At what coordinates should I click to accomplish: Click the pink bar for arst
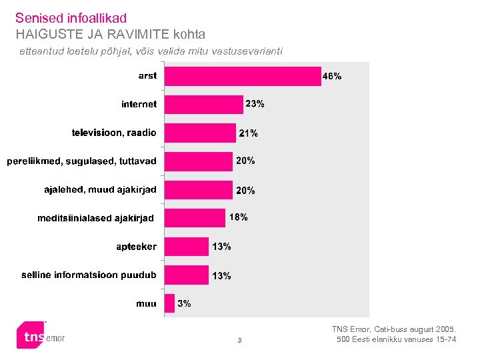(243, 77)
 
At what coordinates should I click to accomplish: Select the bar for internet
(203, 105)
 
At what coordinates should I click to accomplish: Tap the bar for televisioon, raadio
(200, 133)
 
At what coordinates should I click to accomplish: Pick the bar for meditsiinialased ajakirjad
(195, 218)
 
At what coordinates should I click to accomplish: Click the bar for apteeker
(186, 247)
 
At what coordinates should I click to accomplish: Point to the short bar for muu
(169, 303)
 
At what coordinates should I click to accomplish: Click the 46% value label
(332, 77)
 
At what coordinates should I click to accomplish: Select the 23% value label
(255, 104)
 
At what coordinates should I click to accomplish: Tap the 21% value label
(249, 133)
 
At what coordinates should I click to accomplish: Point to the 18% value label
(239, 217)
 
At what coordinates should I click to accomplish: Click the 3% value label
(185, 303)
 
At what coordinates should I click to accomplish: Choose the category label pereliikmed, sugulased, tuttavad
(82, 161)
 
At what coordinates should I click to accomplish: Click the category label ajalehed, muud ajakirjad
(100, 190)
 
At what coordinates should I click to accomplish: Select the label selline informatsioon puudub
(89, 275)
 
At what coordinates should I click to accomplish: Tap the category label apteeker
(136, 247)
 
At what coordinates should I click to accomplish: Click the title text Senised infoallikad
(71, 18)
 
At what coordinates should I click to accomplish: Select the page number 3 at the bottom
(240, 342)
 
